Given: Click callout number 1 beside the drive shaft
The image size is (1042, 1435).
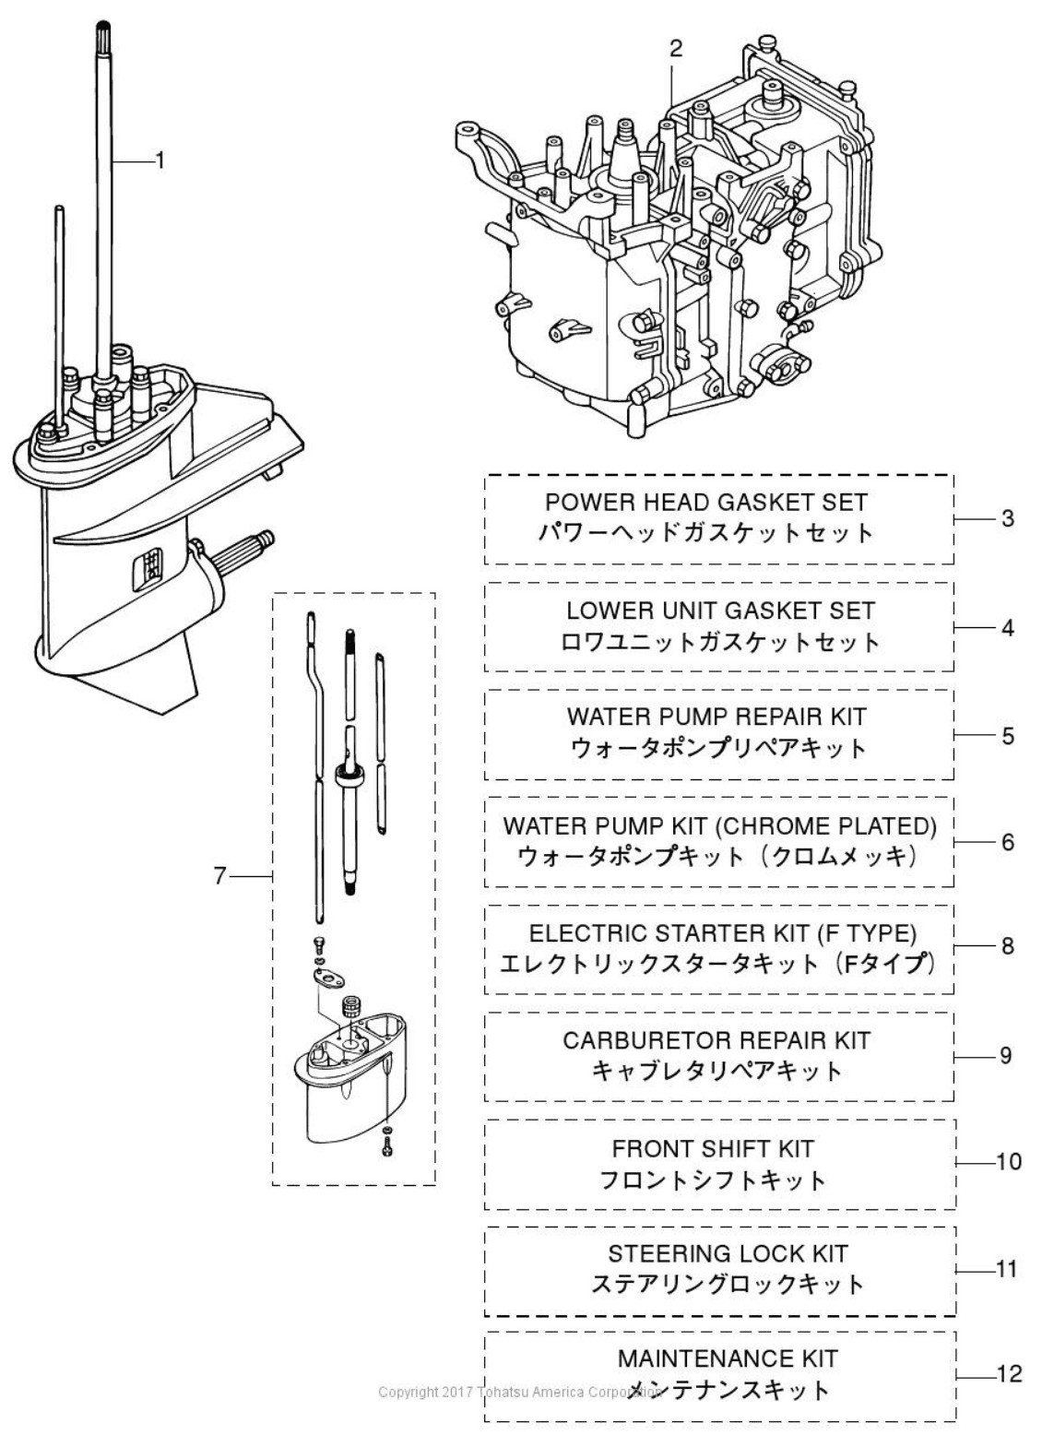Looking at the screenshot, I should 160,160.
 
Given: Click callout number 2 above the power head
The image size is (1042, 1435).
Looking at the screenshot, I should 676,50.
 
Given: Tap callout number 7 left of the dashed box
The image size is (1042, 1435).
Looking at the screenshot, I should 219,876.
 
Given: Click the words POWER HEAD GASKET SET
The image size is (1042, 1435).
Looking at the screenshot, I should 705,503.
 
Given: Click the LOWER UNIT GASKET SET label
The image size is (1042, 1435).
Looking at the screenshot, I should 720,611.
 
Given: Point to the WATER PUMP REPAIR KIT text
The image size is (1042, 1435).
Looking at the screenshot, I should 716,717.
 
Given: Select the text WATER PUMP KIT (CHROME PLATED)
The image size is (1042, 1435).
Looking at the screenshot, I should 719,825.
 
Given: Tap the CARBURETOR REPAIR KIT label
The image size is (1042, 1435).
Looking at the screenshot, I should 716,1040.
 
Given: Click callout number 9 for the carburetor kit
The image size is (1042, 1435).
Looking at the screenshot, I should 1006,1055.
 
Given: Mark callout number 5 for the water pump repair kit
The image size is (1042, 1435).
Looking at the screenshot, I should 1008,736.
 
